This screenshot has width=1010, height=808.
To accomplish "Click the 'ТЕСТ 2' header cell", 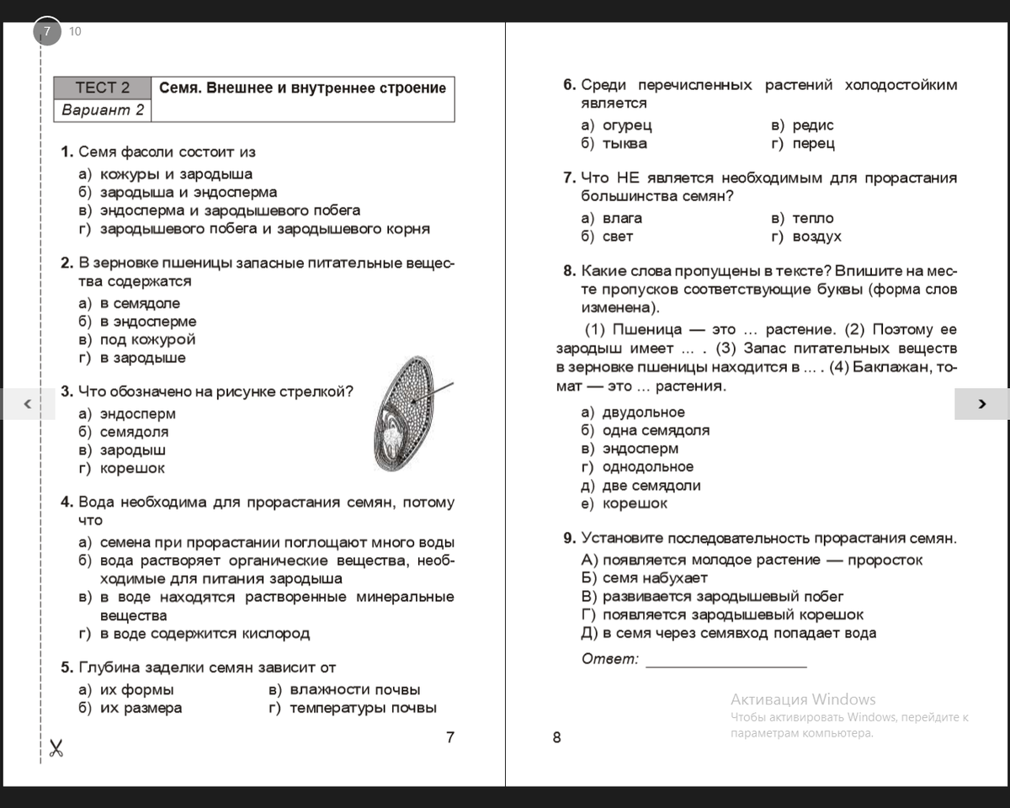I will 102,88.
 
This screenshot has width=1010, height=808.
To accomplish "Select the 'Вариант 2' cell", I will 102,110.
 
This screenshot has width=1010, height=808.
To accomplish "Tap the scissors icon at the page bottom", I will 56,747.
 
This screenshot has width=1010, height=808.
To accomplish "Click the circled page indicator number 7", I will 47,32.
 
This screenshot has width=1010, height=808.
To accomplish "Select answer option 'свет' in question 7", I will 618,237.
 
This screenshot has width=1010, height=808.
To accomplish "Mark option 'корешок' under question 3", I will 132,468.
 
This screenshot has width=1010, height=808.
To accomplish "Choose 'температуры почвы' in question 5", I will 363,708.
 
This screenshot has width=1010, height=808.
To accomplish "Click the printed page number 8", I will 556,738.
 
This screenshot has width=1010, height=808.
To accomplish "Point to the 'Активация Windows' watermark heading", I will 803,699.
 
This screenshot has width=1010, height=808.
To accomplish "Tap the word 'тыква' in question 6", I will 625,144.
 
